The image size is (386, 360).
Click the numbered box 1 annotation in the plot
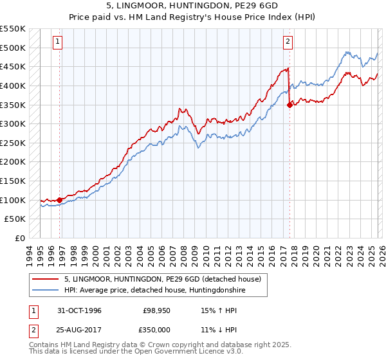[57, 42]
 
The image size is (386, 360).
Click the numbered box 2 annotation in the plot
[287, 42]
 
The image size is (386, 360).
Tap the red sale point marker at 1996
[60, 200]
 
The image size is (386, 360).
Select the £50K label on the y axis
[15, 219]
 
